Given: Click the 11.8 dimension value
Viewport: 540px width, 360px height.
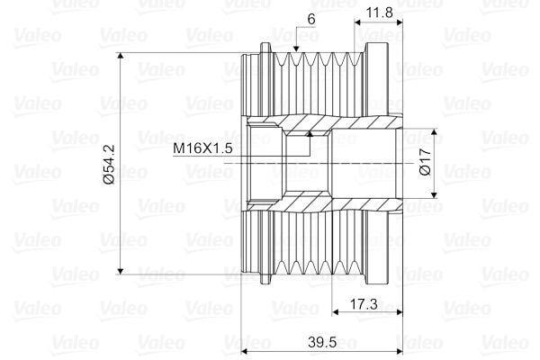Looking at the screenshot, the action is click(x=379, y=13).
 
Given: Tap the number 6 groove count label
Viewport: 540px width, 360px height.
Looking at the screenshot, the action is click(x=311, y=19).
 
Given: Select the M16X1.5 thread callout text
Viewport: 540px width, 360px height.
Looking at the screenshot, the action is click(x=202, y=148).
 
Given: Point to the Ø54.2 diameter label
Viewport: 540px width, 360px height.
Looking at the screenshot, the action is click(x=110, y=165).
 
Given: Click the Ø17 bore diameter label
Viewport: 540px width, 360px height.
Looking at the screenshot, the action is click(x=426, y=162).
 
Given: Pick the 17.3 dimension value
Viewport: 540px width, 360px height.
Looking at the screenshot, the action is click(x=364, y=304).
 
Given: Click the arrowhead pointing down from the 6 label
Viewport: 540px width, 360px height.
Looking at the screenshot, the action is click(x=295, y=49).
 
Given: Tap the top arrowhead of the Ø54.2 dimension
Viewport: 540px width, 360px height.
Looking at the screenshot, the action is click(x=120, y=56).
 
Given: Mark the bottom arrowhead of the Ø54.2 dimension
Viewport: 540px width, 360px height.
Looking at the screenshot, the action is click(x=120, y=271).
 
